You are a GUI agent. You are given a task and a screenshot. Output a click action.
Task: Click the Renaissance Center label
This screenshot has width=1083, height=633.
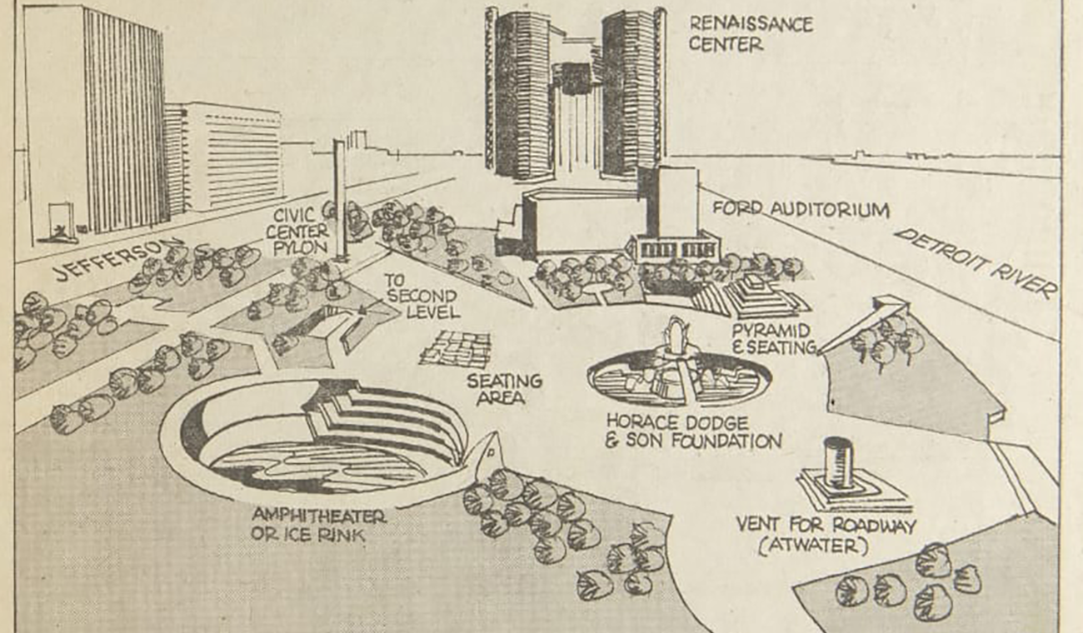751,33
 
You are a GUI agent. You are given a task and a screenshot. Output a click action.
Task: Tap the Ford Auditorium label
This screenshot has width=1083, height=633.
800,209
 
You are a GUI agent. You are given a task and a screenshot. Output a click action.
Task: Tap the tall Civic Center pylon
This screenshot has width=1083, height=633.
340,200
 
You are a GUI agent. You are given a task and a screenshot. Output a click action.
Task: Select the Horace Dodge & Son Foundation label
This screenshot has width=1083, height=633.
693,431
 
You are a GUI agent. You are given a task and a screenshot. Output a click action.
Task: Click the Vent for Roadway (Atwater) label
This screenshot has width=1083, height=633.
825,536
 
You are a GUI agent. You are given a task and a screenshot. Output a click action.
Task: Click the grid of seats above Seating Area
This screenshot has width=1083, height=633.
457,349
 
